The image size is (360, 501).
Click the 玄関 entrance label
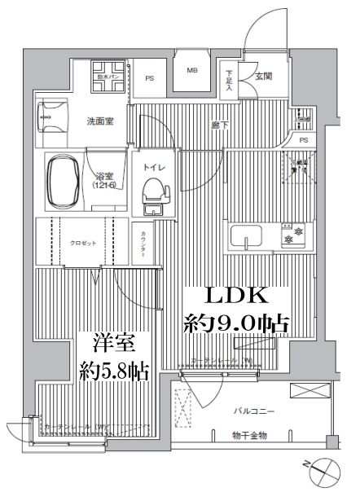point(263,77)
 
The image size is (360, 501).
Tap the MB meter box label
point(192,71)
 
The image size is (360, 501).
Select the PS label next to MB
point(149,78)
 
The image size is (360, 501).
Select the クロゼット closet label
point(81,243)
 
